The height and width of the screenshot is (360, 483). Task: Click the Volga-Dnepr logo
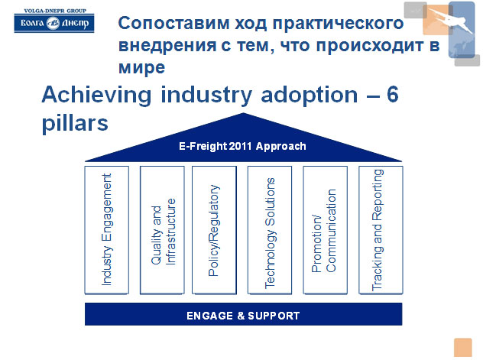(x=54, y=21)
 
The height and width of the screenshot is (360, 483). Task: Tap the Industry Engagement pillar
(x=106, y=230)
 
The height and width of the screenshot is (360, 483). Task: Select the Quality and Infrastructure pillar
(x=162, y=230)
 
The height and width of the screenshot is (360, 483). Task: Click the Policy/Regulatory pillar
(x=215, y=230)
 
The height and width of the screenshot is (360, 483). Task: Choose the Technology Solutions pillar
(x=270, y=230)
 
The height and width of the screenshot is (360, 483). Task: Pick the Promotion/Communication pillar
(x=326, y=230)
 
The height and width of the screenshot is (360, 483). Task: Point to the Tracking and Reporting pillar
(x=381, y=230)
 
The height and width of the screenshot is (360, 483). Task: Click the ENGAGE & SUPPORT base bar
(x=243, y=314)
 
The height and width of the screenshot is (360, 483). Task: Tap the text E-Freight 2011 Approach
(x=242, y=146)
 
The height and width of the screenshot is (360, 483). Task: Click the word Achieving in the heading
(x=96, y=95)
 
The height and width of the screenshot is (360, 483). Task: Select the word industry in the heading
(x=206, y=95)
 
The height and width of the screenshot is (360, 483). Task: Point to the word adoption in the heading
(x=309, y=95)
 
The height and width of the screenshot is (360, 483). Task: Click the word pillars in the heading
(x=75, y=123)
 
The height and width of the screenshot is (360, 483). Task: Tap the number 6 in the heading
(x=393, y=94)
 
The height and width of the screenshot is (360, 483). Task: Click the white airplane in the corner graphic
(x=450, y=19)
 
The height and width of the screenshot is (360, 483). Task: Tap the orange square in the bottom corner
(x=462, y=347)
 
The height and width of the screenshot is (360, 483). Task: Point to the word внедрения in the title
(x=167, y=46)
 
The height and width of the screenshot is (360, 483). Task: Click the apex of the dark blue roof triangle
(x=243, y=113)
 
